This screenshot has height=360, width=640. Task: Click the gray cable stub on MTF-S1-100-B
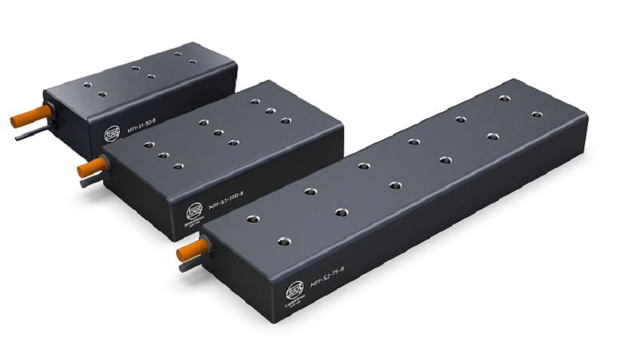(x=86, y=182)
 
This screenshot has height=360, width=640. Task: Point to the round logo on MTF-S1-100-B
(x=194, y=209)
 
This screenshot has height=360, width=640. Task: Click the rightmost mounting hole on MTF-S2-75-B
(x=537, y=114)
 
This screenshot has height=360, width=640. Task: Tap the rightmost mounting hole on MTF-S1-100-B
(x=285, y=121)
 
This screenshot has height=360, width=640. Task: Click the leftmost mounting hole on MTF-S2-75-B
(x=251, y=220)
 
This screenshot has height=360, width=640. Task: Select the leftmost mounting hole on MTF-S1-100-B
(x=148, y=144)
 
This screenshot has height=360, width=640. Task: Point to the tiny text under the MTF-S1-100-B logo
(x=194, y=223)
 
